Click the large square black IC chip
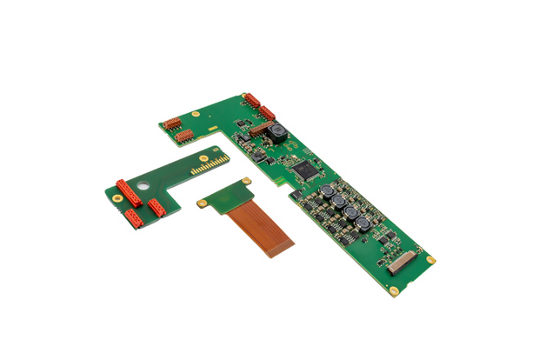coord(306,170)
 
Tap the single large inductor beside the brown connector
coord(279,132)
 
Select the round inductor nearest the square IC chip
coord(327,191)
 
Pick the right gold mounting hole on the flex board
coord(248,181)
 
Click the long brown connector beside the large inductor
coord(261,128)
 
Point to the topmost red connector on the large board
coord(252,100)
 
